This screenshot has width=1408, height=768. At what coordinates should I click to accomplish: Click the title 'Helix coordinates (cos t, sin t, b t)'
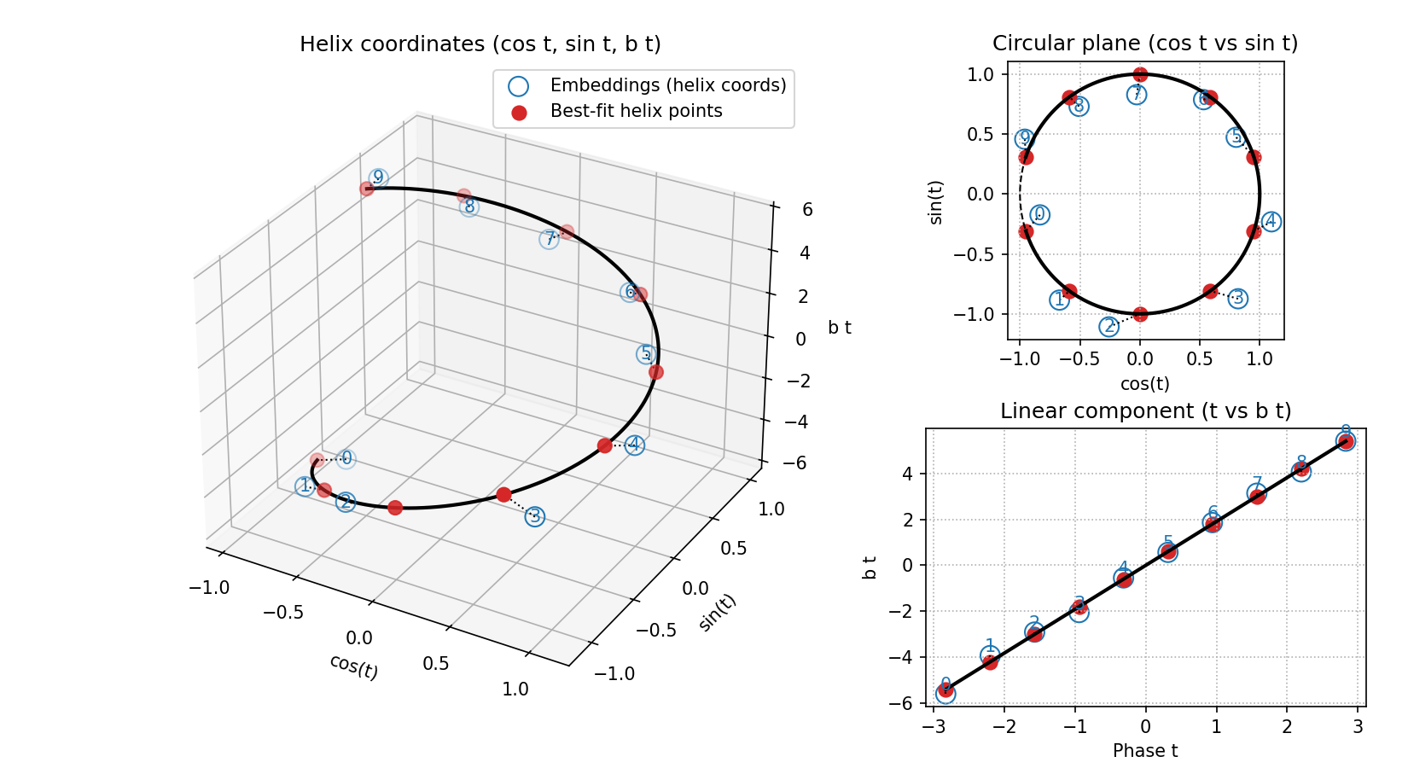point(480,44)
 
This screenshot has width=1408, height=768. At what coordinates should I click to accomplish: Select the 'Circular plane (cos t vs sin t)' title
point(1145,44)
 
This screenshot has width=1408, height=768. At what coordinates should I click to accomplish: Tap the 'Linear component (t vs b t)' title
point(1145,411)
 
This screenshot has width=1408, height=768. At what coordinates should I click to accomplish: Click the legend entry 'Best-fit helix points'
point(636,112)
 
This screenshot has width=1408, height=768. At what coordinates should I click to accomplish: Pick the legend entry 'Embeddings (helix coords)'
point(668,85)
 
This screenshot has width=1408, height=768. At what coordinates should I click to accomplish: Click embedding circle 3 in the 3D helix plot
point(535,516)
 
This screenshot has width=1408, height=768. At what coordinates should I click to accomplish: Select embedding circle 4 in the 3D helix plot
point(634,445)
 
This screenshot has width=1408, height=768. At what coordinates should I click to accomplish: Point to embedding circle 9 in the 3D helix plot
point(378,177)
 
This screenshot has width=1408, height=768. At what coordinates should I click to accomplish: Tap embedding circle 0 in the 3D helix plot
point(346,458)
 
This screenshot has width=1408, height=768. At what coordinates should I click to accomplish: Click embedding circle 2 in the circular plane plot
point(1108,326)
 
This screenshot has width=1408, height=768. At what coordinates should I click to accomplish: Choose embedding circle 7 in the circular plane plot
point(1137,95)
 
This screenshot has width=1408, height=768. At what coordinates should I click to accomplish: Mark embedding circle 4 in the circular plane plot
point(1271,222)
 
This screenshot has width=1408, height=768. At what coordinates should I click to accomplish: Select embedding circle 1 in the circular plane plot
point(1059,300)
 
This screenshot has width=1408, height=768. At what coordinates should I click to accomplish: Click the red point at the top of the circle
point(1140,75)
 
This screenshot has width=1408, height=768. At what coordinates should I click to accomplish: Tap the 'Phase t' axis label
point(1145,751)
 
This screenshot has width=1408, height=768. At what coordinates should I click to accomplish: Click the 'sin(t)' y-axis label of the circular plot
point(936,202)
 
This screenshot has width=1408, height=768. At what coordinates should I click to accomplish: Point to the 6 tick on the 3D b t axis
point(806,210)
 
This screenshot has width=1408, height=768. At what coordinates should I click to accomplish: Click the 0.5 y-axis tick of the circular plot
point(981,135)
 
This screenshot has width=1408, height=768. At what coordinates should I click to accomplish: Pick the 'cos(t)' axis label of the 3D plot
point(353,666)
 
